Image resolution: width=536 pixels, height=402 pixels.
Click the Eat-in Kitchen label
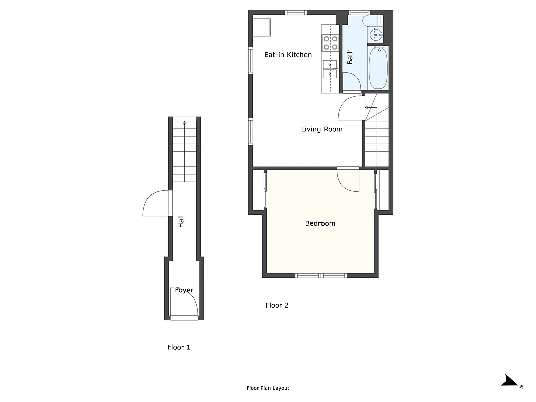[288, 55]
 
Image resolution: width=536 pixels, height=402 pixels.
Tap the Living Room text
[321, 129]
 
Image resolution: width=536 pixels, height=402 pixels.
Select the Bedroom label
[320, 223]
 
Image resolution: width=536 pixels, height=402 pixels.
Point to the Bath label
[350, 56]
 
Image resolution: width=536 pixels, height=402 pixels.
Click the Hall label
[181, 221]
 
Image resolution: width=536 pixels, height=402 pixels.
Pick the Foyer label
[184, 290]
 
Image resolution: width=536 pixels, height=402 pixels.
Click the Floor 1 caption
[178, 347]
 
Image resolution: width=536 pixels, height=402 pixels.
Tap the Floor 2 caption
[277, 305]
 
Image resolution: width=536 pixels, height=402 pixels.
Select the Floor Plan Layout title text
[268, 388]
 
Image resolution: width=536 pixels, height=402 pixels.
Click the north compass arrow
[511, 381]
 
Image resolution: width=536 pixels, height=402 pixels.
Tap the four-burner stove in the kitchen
[330, 43]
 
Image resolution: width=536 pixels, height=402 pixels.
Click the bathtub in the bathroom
[378, 68]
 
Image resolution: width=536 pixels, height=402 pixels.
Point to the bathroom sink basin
[376, 35]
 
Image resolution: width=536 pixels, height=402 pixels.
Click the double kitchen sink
[330, 69]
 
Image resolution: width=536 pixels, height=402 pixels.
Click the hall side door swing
[156, 204]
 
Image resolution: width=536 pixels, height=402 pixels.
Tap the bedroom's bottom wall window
[320, 275]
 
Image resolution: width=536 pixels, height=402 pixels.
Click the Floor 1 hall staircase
[184, 153]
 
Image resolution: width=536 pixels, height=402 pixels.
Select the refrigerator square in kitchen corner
[262, 27]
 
